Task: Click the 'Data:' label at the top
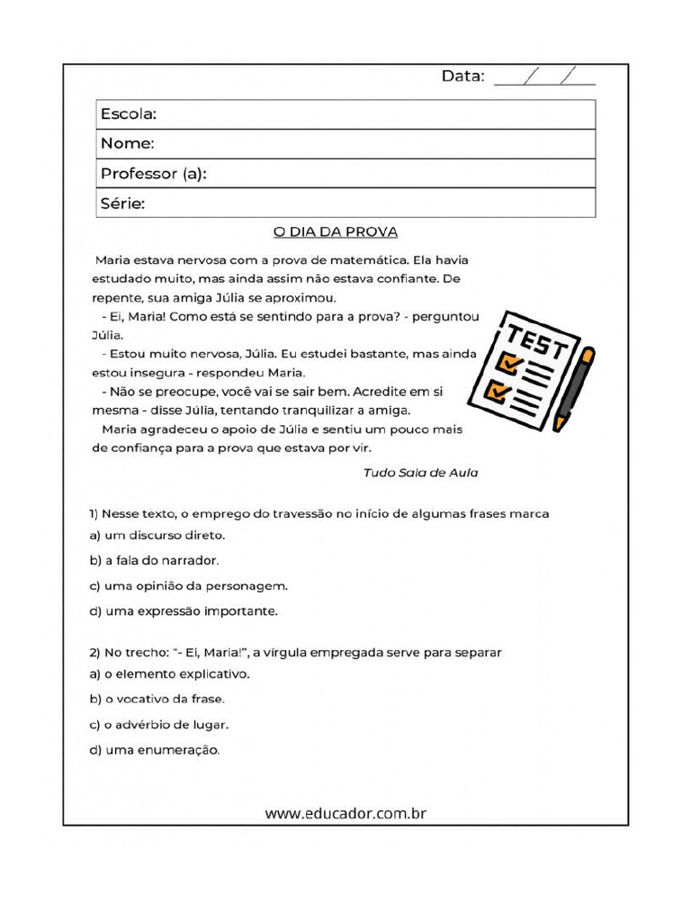point(462,77)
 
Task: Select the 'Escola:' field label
point(129,114)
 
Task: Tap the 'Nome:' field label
point(127,144)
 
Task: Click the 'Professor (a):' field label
point(153,174)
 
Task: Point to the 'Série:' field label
point(122,203)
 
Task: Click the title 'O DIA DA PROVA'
point(336,231)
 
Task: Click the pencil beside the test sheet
point(573,388)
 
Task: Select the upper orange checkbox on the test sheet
point(510,363)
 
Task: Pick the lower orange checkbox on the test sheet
point(496,391)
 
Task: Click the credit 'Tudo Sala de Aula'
point(420,472)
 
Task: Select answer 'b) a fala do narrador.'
point(154,560)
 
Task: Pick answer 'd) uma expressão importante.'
point(184,610)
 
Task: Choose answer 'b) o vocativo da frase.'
point(157,699)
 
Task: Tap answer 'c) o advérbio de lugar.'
point(158,724)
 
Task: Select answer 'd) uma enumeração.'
point(154,749)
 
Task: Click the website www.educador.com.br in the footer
point(345,813)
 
